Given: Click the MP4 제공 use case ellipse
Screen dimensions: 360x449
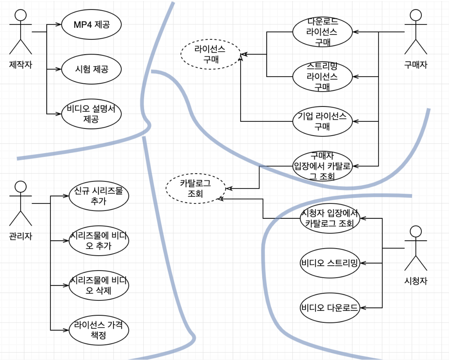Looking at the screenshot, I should pos(91,25).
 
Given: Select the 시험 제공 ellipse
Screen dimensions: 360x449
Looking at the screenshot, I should pos(91,69).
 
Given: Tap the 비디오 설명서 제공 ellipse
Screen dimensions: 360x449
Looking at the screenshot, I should pos(91,114).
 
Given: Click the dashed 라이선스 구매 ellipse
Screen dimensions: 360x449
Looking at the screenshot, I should pos(210,54).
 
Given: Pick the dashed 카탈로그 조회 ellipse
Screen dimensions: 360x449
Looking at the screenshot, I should pos(195,189).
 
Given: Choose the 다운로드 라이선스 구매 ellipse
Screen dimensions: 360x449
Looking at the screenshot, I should pos(322,32).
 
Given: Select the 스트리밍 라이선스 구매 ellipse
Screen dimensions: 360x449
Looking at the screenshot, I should pos(322,77).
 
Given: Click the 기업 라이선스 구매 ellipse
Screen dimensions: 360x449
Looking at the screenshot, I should pos(322,121).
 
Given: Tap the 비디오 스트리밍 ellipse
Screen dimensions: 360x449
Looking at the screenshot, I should pos(330,263).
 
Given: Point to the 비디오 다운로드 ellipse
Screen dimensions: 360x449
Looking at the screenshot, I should pos(330,308).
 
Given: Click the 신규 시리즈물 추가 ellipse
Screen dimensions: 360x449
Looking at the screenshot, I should pos(99,196).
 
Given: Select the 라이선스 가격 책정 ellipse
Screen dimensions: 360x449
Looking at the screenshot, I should pos(99,330).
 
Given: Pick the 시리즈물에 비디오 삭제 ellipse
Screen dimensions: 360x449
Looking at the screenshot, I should pos(99,286).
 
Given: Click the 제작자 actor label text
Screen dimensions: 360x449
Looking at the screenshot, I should pos(21,65).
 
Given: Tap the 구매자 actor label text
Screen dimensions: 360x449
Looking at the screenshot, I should pos(416,65).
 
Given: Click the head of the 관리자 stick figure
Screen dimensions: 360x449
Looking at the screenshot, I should pos(21,187).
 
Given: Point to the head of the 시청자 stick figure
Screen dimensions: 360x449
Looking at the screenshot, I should pos(416,231).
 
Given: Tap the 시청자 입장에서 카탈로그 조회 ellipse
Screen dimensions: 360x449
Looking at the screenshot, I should pos(330,218).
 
